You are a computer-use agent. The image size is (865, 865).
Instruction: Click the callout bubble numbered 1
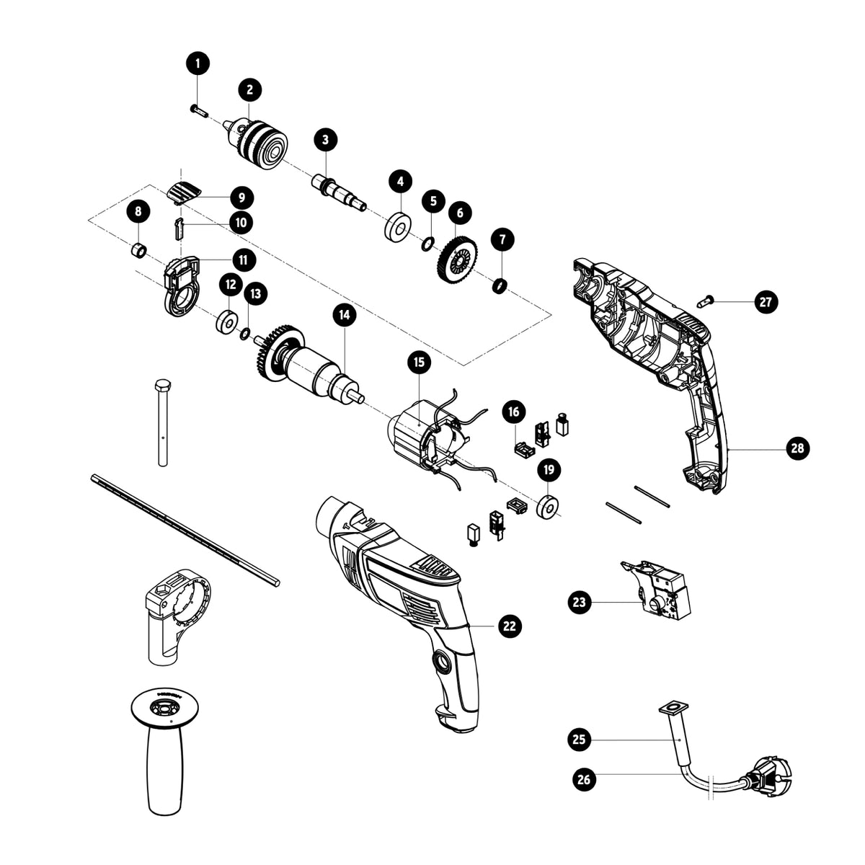click(198, 63)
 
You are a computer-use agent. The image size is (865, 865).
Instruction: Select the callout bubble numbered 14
click(345, 315)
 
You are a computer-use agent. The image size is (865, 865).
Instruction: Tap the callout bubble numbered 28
click(798, 448)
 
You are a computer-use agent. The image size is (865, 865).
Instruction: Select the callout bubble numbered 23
click(580, 601)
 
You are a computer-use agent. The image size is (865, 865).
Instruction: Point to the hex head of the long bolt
click(161, 386)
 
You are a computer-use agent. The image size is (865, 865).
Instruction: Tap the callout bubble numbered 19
click(549, 469)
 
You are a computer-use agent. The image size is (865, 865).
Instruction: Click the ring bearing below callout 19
click(547, 507)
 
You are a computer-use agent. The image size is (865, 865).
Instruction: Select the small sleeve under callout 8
click(138, 251)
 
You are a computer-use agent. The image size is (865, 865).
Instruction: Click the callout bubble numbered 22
click(510, 625)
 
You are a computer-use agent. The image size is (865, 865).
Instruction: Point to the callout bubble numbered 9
click(241, 198)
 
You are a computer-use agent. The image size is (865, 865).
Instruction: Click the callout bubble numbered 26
click(584, 778)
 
